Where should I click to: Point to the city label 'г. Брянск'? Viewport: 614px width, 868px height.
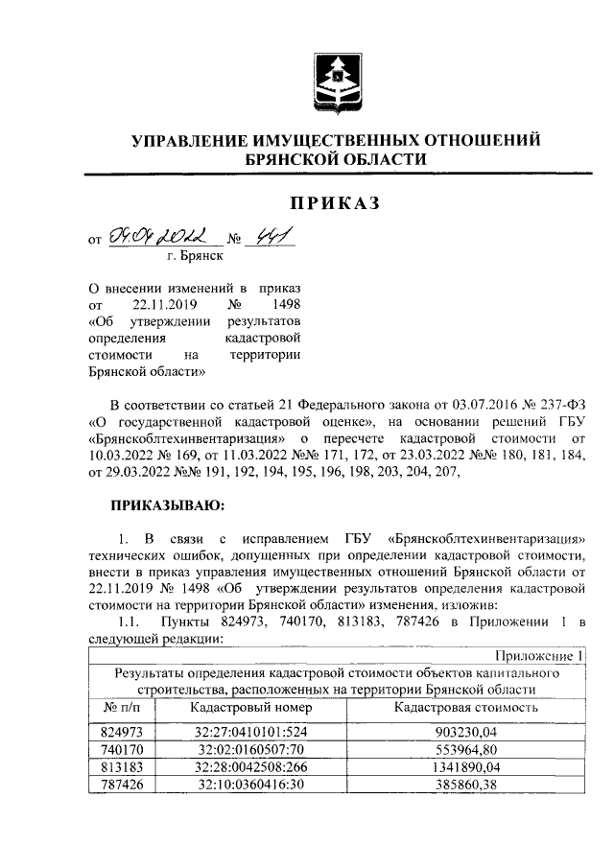195,256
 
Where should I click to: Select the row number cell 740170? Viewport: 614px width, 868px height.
122,747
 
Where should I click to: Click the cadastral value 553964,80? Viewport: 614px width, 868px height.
464,747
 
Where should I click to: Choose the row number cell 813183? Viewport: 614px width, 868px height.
122,765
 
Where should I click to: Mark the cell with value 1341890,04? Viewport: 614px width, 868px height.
464,765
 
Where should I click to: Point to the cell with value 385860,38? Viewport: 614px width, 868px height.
464,784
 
